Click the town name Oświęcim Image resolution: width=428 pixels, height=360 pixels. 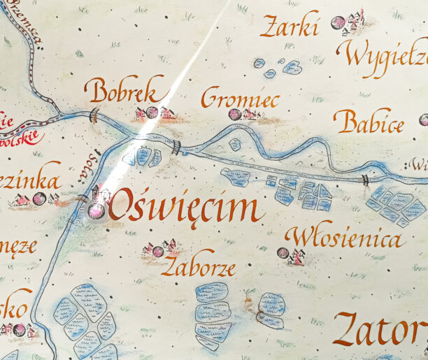(x=186, y=207)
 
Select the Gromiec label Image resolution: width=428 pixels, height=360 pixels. (x=239, y=98)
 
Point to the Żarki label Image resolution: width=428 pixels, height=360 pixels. (x=290, y=27)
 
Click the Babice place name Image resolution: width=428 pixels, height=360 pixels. (x=369, y=123)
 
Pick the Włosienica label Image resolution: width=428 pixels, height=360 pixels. (x=345, y=238)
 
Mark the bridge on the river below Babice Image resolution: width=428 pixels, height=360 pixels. (x=364, y=180)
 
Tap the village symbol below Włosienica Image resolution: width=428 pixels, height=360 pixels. (x=290, y=255)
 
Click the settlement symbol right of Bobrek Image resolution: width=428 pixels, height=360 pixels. (x=153, y=113)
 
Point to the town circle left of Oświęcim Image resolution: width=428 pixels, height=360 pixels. (x=95, y=210)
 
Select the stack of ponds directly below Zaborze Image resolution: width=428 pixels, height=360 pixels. (x=213, y=315)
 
